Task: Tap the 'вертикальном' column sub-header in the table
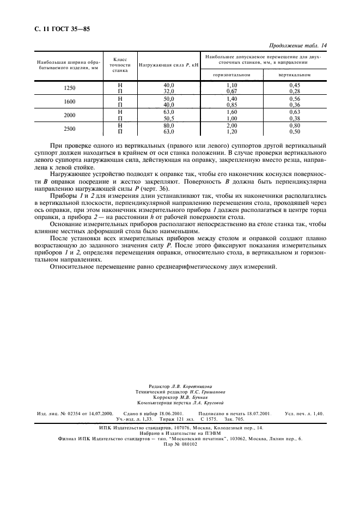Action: click(295, 74)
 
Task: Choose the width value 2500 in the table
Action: click(70, 129)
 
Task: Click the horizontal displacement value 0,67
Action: click(233, 91)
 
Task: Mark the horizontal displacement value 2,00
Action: click(233, 125)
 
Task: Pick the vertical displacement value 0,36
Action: click(295, 105)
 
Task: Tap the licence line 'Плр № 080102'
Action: click(180, 444)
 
